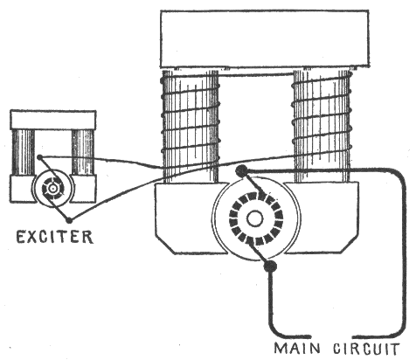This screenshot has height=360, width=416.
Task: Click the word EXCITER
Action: pyautogui.click(x=55, y=237)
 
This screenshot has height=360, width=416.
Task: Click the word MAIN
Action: pyautogui.click(x=297, y=349)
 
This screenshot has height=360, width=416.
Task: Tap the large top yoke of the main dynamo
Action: pyautogui.click(x=265, y=38)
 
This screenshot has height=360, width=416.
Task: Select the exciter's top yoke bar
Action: pyautogui.click(x=53, y=120)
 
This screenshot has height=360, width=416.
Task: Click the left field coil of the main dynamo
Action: pyautogui.click(x=191, y=126)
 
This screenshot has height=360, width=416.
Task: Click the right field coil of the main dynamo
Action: pyautogui.click(x=322, y=126)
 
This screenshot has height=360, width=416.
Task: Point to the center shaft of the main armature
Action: pyautogui.click(x=255, y=219)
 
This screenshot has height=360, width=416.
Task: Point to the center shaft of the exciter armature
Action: pyautogui.click(x=52, y=189)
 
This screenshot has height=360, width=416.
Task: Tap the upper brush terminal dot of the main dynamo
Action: pyautogui.click(x=241, y=170)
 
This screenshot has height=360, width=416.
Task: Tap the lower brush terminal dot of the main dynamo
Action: pyautogui.click(x=270, y=266)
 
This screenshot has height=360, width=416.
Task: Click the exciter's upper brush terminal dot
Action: pyautogui.click(x=39, y=157)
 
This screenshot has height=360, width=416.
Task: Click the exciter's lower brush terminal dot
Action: pyautogui.click(x=69, y=220)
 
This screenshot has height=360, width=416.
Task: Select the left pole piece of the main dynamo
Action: pyautogui.click(x=186, y=217)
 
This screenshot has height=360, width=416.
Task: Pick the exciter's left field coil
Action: pyautogui.click(x=24, y=152)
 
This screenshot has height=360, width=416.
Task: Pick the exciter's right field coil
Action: pyautogui.click(x=83, y=152)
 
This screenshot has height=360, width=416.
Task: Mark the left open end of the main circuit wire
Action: pyautogui.click(x=309, y=336)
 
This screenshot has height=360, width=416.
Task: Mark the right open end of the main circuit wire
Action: pyautogui.click(x=355, y=336)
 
